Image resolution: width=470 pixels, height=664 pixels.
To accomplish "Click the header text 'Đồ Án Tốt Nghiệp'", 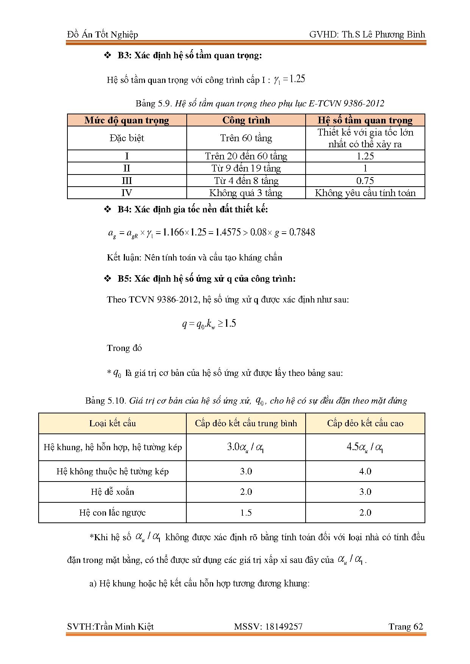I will tap(103, 35).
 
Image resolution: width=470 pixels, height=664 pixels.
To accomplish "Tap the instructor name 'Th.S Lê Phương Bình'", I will tap(383, 35).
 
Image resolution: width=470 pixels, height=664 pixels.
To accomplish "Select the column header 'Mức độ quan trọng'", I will tap(126, 120).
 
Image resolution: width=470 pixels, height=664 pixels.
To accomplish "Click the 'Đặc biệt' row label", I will tap(126, 138).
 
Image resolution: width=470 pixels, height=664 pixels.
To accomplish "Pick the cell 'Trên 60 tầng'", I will tap(246, 138).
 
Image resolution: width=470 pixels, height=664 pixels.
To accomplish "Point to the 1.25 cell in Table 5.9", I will tap(365, 156).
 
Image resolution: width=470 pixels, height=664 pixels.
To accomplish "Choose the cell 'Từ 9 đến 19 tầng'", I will tap(246, 168).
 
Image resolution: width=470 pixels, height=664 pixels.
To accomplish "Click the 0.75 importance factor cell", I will tap(365, 181).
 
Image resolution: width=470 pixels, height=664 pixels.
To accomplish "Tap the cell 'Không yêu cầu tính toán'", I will tap(365, 193).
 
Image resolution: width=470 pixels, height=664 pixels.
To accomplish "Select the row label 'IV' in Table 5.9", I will tap(126, 193).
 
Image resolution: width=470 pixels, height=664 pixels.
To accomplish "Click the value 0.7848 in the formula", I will tap(302, 232).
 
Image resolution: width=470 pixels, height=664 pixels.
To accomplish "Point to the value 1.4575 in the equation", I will tap(228, 232).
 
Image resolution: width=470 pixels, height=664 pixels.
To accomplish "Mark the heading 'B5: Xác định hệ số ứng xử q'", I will tap(206, 279).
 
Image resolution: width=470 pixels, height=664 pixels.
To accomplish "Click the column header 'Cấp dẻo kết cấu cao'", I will tap(365, 424).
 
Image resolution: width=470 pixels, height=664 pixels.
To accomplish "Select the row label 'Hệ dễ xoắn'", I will tap(112, 492).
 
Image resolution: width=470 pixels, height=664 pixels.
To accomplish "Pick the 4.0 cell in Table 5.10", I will tap(365, 471).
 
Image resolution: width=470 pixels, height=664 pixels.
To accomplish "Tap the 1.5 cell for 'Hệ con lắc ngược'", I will tap(246, 513).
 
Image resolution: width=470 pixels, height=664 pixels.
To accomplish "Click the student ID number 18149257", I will tap(284, 627).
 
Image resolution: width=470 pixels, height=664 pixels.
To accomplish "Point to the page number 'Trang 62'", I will tap(406, 627).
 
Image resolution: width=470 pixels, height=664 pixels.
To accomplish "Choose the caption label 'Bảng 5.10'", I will tap(105, 401).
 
